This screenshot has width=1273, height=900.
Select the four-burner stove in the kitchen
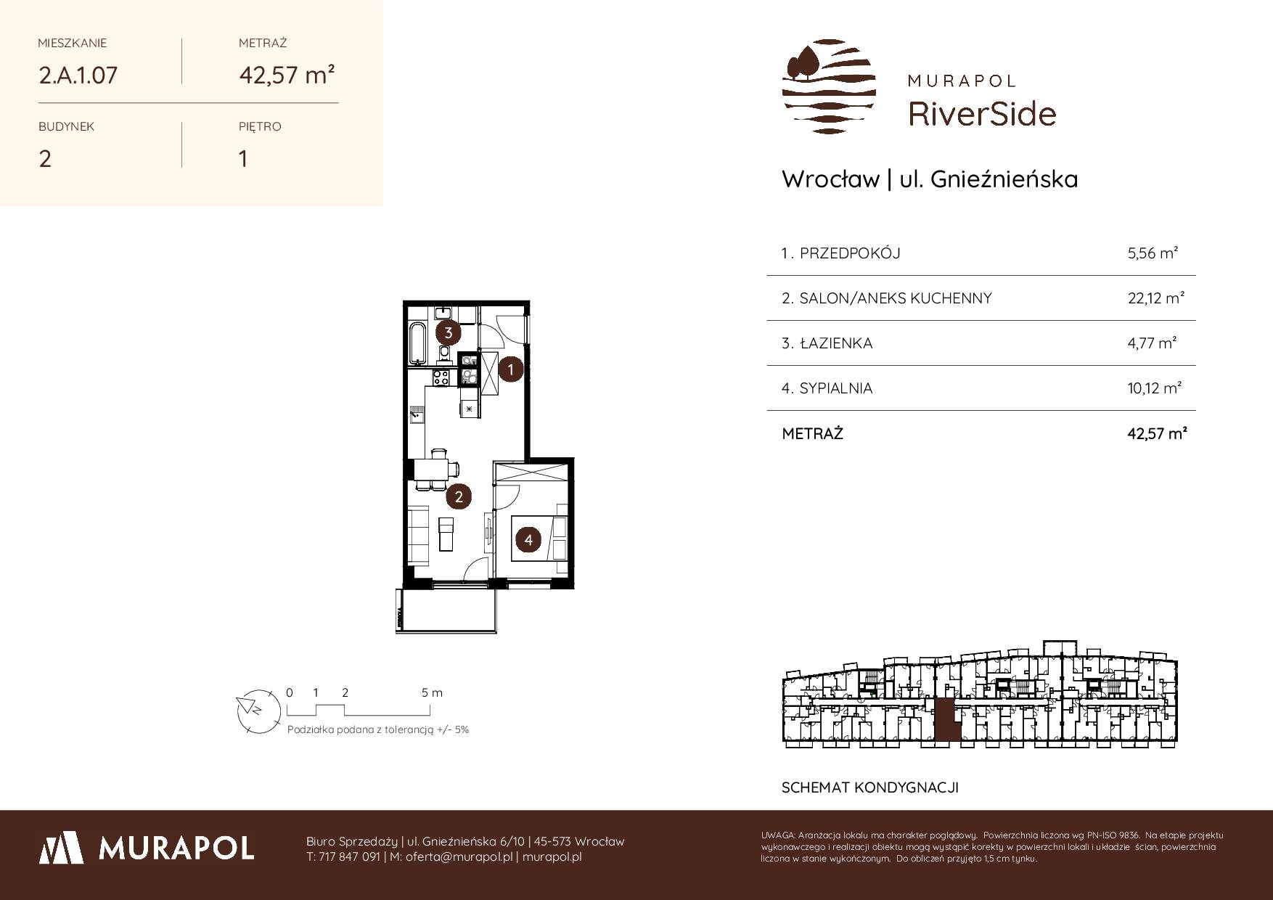441,377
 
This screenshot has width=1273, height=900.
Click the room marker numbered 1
511,369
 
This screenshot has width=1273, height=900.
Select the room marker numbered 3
449,333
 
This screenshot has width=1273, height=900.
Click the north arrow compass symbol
258,710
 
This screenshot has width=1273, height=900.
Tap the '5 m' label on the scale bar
432,692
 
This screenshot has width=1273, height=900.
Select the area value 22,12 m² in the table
1156,298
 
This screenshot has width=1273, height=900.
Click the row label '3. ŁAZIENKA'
827,343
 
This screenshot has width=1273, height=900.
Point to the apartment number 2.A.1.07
78,75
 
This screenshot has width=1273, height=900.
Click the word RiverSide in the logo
983,114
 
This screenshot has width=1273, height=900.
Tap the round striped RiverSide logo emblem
829,86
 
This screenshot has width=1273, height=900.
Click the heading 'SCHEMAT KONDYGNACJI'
870,787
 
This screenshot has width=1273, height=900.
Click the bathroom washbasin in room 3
443,314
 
